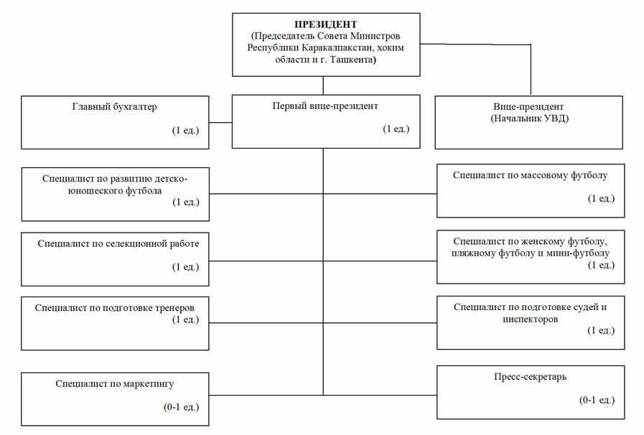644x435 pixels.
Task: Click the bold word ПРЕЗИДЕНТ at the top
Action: (326, 24)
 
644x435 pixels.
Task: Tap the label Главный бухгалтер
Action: (115, 107)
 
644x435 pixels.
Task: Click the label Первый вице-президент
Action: (325, 106)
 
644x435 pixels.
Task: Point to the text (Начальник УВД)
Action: (530, 118)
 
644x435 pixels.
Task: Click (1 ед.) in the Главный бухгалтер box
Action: (186, 130)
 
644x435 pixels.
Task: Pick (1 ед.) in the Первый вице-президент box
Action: (396, 129)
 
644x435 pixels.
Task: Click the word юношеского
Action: (95, 191)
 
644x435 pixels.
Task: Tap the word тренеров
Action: (174, 308)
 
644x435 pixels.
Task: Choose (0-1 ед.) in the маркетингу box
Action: (181, 407)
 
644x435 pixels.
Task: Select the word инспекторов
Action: (531, 319)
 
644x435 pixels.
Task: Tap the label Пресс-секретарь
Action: (531, 377)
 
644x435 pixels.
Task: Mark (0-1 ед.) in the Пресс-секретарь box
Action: (597, 400)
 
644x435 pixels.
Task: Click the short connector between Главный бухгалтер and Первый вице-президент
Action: (220, 123)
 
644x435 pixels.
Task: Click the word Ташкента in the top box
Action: (354, 60)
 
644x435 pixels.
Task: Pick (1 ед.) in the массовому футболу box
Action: (602, 199)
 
